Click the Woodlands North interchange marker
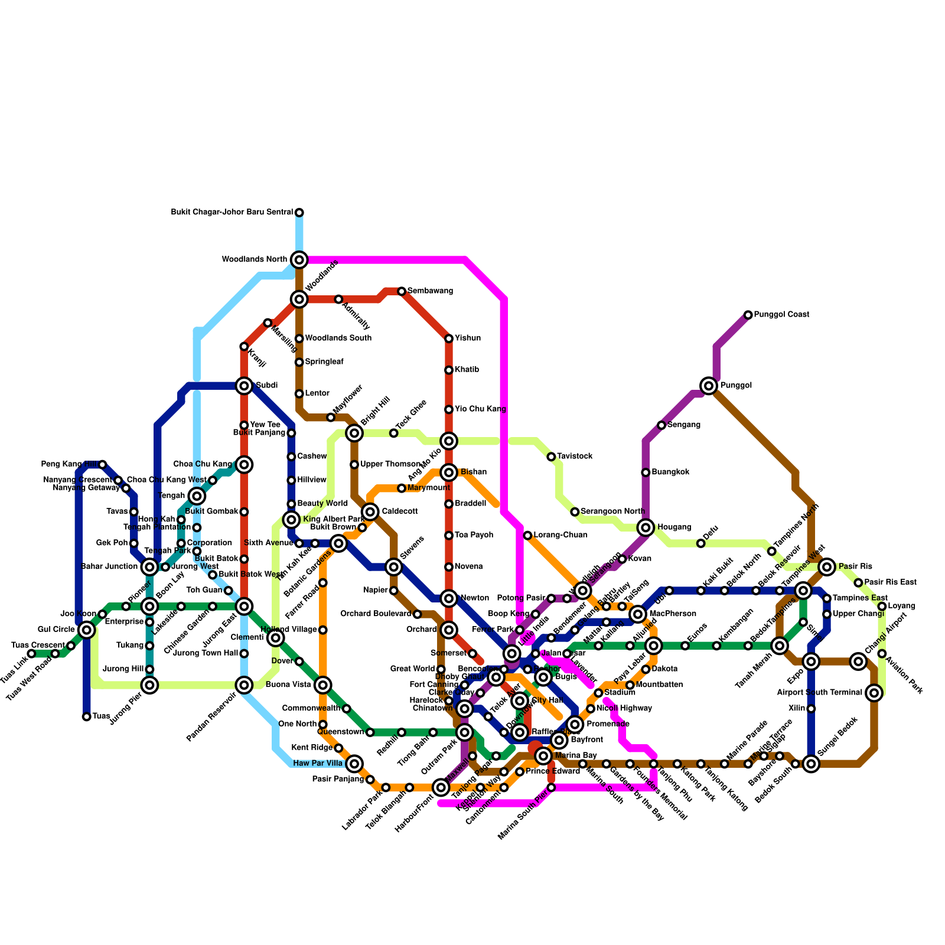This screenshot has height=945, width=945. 299,259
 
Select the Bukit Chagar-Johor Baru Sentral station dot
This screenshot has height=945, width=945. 299,213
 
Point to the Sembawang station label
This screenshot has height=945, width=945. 430,291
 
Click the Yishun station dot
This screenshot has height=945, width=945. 449,338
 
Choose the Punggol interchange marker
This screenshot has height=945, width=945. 709,386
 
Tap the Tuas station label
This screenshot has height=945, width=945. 101,716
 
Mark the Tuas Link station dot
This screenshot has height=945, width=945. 31,654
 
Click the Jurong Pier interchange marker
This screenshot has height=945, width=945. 150,685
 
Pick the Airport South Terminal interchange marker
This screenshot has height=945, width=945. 875,693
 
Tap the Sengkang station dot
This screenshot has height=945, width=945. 661,425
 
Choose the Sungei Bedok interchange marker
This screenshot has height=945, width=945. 812,764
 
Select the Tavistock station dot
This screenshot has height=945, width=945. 551,457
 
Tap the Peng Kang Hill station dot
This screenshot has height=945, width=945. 102,464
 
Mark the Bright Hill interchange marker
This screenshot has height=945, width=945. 354,433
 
